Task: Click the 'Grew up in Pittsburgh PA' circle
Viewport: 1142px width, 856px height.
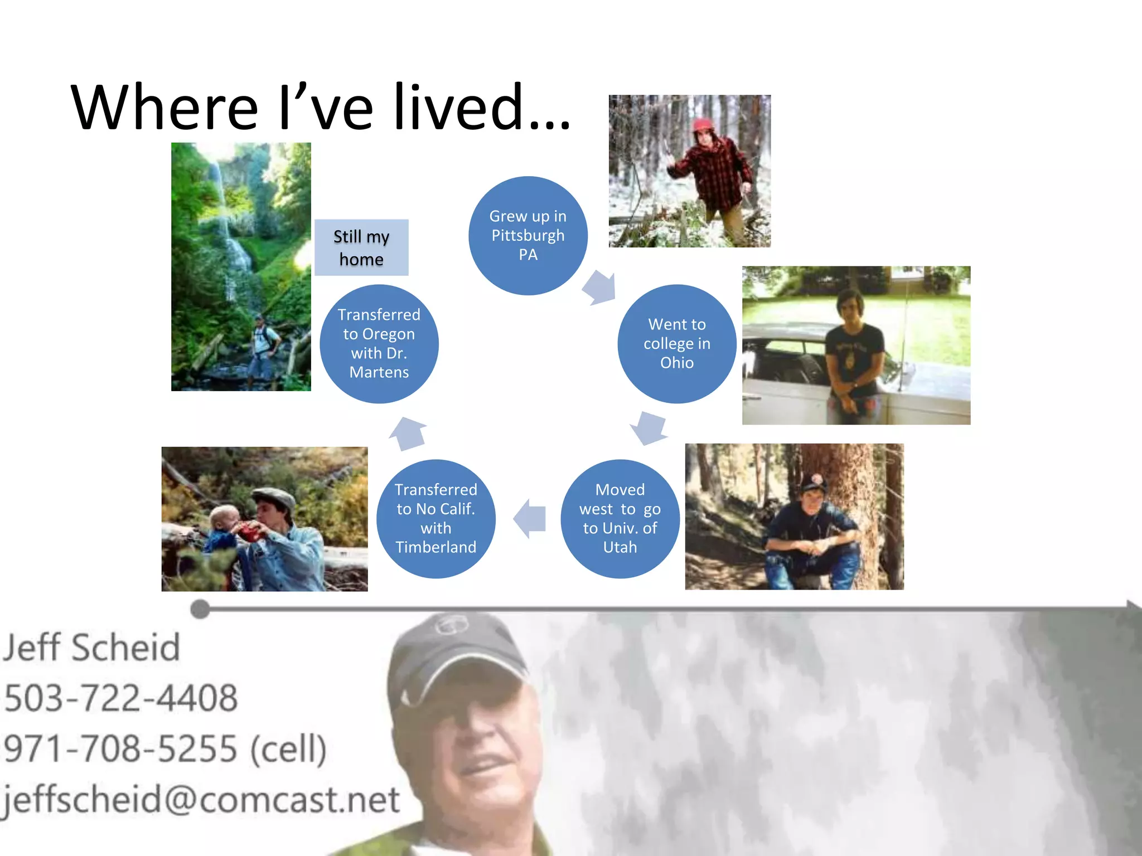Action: (x=528, y=235)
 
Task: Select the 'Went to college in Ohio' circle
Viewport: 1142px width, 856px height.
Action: (x=676, y=343)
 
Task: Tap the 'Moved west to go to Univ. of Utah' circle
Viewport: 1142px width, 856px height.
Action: (x=620, y=518)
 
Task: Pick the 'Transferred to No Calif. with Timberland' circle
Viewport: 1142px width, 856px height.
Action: (x=435, y=518)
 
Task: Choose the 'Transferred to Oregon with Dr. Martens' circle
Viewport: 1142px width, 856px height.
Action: (x=379, y=343)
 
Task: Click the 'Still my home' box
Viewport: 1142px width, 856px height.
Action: (x=361, y=247)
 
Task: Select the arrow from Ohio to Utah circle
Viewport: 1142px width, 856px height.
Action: (x=649, y=428)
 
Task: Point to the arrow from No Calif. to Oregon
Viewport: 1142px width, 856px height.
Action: (x=408, y=432)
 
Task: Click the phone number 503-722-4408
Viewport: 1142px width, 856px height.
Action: (x=120, y=698)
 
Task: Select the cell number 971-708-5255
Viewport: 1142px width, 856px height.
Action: (x=120, y=748)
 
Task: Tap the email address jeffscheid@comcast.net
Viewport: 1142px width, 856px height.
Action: (x=201, y=799)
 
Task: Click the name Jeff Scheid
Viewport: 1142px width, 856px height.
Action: (x=91, y=648)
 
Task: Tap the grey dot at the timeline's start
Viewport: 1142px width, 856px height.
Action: (x=200, y=609)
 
